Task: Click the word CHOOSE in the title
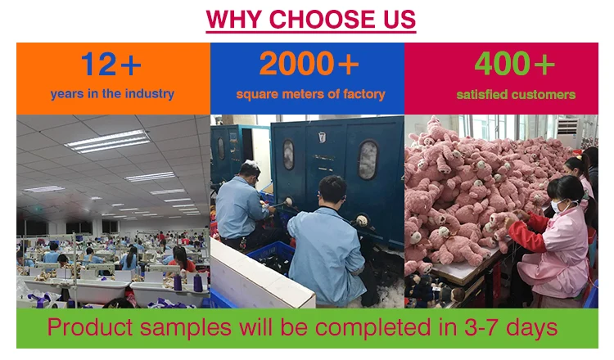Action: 323,19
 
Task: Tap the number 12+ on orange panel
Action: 111,64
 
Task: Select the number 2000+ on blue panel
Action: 309,63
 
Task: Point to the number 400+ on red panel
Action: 515,63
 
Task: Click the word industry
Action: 150,94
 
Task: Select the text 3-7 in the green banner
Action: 481,327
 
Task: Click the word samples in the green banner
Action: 186,328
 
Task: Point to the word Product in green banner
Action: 90,327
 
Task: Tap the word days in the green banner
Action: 531,328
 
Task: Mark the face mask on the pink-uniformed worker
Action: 558,206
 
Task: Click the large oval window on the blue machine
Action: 368,160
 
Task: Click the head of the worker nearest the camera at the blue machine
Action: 332,191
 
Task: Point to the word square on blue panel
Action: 257,95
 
